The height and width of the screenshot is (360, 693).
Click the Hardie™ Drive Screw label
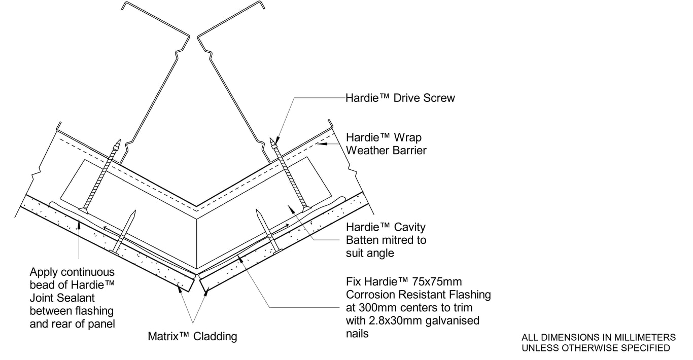400,98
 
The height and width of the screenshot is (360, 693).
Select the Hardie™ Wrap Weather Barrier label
384,144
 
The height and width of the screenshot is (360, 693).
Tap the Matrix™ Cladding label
192,336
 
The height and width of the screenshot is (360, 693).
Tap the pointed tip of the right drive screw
272,139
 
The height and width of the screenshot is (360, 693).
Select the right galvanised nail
267,231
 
